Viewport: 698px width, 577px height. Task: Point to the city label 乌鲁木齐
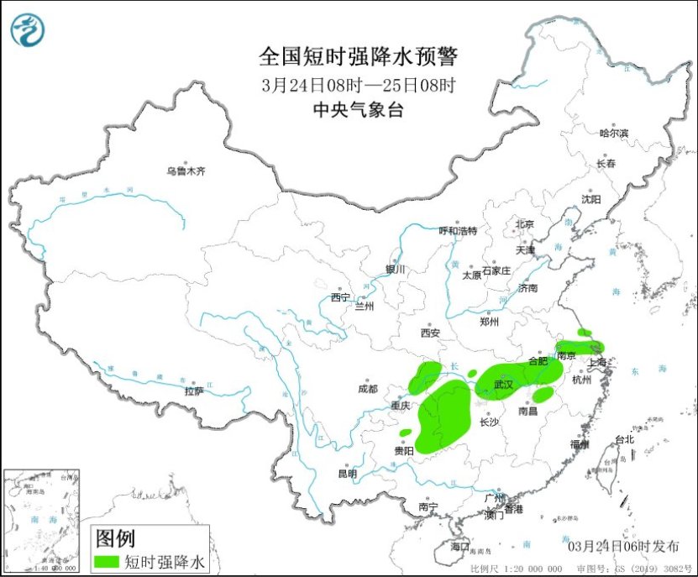click(185, 171)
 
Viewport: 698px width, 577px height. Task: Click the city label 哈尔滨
click(613, 133)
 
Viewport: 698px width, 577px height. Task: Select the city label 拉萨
click(194, 391)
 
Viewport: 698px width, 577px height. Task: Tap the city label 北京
click(524, 224)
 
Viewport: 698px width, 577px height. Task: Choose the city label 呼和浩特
click(458, 230)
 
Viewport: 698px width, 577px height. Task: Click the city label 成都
click(368, 389)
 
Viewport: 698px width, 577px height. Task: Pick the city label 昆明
click(347, 474)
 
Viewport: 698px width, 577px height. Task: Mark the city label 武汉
click(503, 383)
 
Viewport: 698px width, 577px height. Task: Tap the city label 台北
click(625, 439)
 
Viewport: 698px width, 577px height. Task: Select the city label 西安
click(430, 333)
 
